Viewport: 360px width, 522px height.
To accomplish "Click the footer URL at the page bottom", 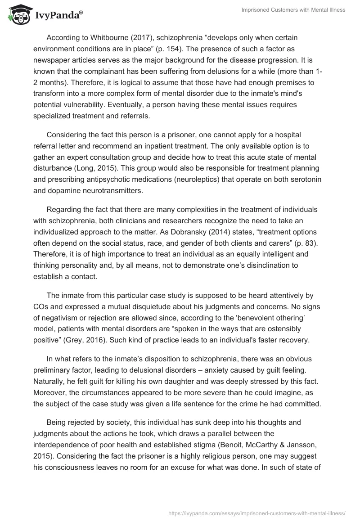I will [256, 512].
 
